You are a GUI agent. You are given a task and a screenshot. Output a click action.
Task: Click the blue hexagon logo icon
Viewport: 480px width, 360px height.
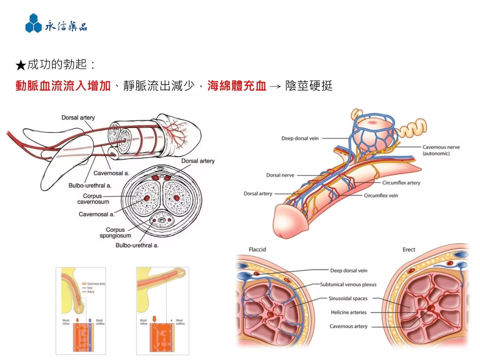33,23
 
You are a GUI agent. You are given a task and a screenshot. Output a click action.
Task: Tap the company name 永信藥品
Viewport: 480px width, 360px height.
66,26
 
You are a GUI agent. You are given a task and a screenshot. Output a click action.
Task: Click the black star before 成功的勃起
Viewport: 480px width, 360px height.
21,65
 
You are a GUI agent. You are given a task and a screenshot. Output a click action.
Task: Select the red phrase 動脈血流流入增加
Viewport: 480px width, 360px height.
63,86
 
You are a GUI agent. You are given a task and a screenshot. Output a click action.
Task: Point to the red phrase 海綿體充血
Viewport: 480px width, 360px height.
237,86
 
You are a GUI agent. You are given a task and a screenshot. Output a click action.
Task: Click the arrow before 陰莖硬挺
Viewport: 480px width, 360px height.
275,87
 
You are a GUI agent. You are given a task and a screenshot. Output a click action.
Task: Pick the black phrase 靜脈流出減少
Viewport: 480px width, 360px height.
159,86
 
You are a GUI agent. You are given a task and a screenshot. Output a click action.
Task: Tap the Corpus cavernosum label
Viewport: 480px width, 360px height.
93,199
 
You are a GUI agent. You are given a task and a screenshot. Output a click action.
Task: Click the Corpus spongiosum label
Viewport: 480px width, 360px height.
115,233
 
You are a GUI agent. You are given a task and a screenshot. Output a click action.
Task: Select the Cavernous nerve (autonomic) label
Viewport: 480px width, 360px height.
441,150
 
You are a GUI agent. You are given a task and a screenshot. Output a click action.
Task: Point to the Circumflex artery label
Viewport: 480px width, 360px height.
401,183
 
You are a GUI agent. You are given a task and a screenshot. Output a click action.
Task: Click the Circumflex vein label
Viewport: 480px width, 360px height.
381,196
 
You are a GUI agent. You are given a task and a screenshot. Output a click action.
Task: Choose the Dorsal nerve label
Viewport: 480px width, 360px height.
280,175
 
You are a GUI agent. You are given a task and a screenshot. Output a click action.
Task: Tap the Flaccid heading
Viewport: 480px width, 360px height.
257,249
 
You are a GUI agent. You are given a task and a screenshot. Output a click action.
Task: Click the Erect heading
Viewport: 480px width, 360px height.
409,249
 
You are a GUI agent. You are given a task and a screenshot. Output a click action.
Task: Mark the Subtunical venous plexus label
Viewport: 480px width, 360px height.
348,284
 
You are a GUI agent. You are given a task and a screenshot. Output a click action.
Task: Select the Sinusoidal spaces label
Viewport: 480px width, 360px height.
348,298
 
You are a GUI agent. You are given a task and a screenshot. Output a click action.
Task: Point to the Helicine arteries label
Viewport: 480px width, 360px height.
348,312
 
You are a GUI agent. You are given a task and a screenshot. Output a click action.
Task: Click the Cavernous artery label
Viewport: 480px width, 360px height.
348,326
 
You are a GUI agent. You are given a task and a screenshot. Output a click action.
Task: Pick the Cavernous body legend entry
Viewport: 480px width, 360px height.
96,284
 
